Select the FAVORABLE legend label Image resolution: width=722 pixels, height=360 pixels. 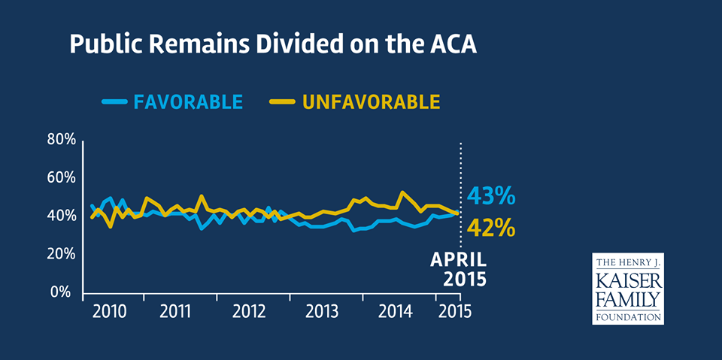188,101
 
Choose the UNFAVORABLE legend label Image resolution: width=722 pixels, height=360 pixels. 372,101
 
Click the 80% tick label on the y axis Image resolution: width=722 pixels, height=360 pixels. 61,140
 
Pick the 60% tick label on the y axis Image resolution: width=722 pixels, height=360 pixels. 61,178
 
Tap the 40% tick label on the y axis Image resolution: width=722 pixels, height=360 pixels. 61,216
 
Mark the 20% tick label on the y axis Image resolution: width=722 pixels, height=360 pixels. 61,254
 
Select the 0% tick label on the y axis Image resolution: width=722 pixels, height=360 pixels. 65,292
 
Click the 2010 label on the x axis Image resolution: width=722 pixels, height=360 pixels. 110,311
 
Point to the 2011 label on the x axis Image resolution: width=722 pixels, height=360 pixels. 180,311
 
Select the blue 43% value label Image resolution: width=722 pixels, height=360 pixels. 490,197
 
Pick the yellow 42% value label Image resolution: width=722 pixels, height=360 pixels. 490,226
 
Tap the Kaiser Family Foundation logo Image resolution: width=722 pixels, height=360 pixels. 627,288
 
